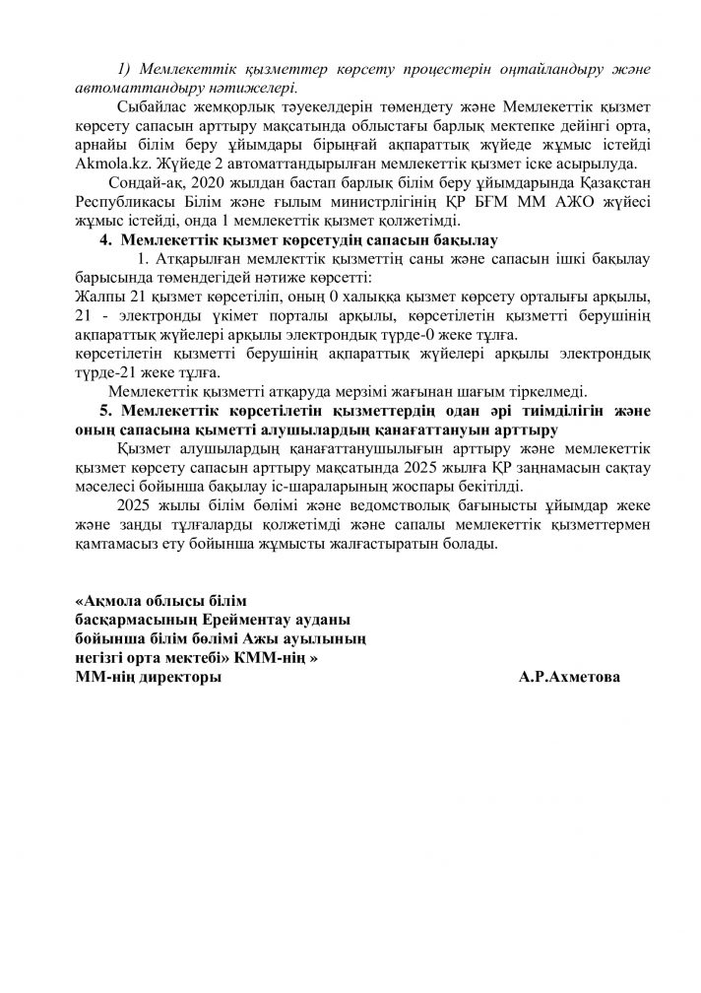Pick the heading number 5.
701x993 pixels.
[x=104, y=409]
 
